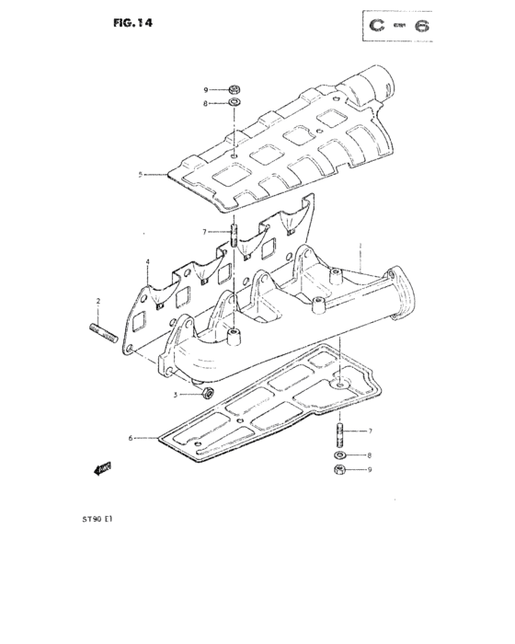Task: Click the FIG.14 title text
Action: point(132,24)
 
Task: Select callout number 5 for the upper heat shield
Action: point(140,174)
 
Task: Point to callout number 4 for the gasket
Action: point(147,262)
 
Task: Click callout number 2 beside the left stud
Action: point(97,302)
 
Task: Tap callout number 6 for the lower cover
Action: point(131,438)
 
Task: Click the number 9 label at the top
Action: point(207,89)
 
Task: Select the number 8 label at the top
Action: point(207,104)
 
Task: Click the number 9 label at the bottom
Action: point(369,470)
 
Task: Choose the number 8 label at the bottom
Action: point(369,455)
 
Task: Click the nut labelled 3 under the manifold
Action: point(208,394)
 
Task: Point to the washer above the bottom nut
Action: point(340,455)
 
